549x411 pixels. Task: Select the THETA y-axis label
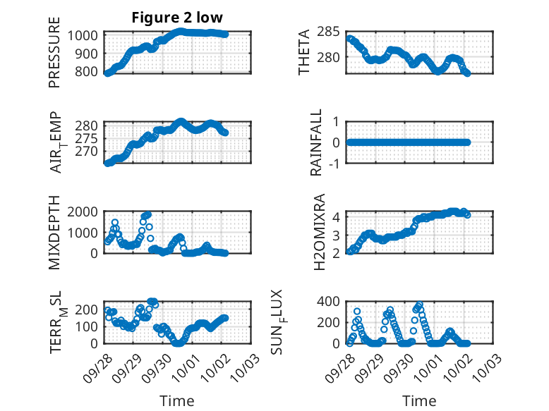[x=305, y=52]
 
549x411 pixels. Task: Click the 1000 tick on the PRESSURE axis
[x=85, y=35]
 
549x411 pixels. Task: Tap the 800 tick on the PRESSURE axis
[x=90, y=71]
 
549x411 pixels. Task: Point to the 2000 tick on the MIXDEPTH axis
[x=85, y=211]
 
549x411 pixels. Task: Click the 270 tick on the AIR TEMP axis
[x=90, y=152]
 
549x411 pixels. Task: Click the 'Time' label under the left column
[x=178, y=400]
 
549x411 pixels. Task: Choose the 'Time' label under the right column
[x=418, y=400]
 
